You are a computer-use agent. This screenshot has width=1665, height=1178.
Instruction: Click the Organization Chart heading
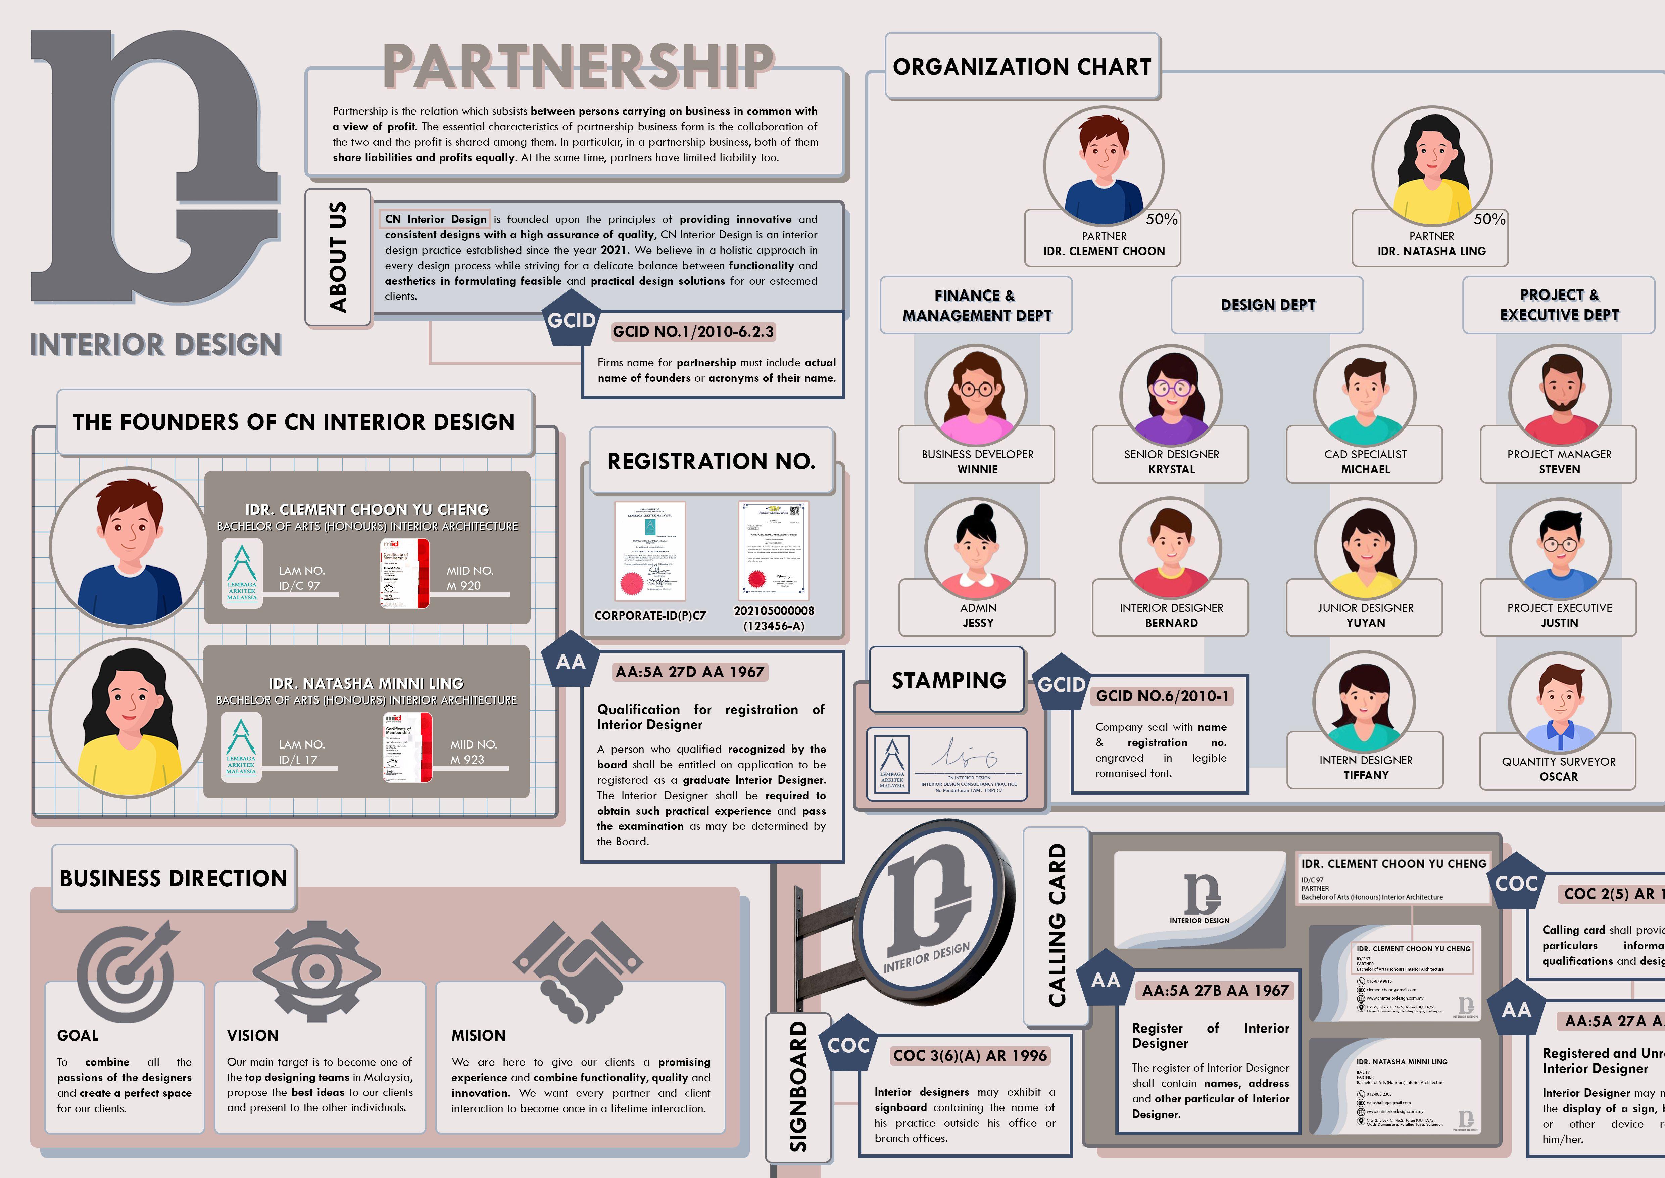click(x=1022, y=67)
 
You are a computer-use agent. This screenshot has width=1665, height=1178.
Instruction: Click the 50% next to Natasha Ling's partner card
click(x=1489, y=219)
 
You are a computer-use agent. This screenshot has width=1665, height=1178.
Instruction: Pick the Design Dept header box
click(x=1268, y=305)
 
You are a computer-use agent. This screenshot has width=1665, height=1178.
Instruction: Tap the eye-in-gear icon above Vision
click(x=316, y=969)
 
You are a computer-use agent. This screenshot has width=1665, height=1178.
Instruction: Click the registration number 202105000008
click(x=774, y=611)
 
